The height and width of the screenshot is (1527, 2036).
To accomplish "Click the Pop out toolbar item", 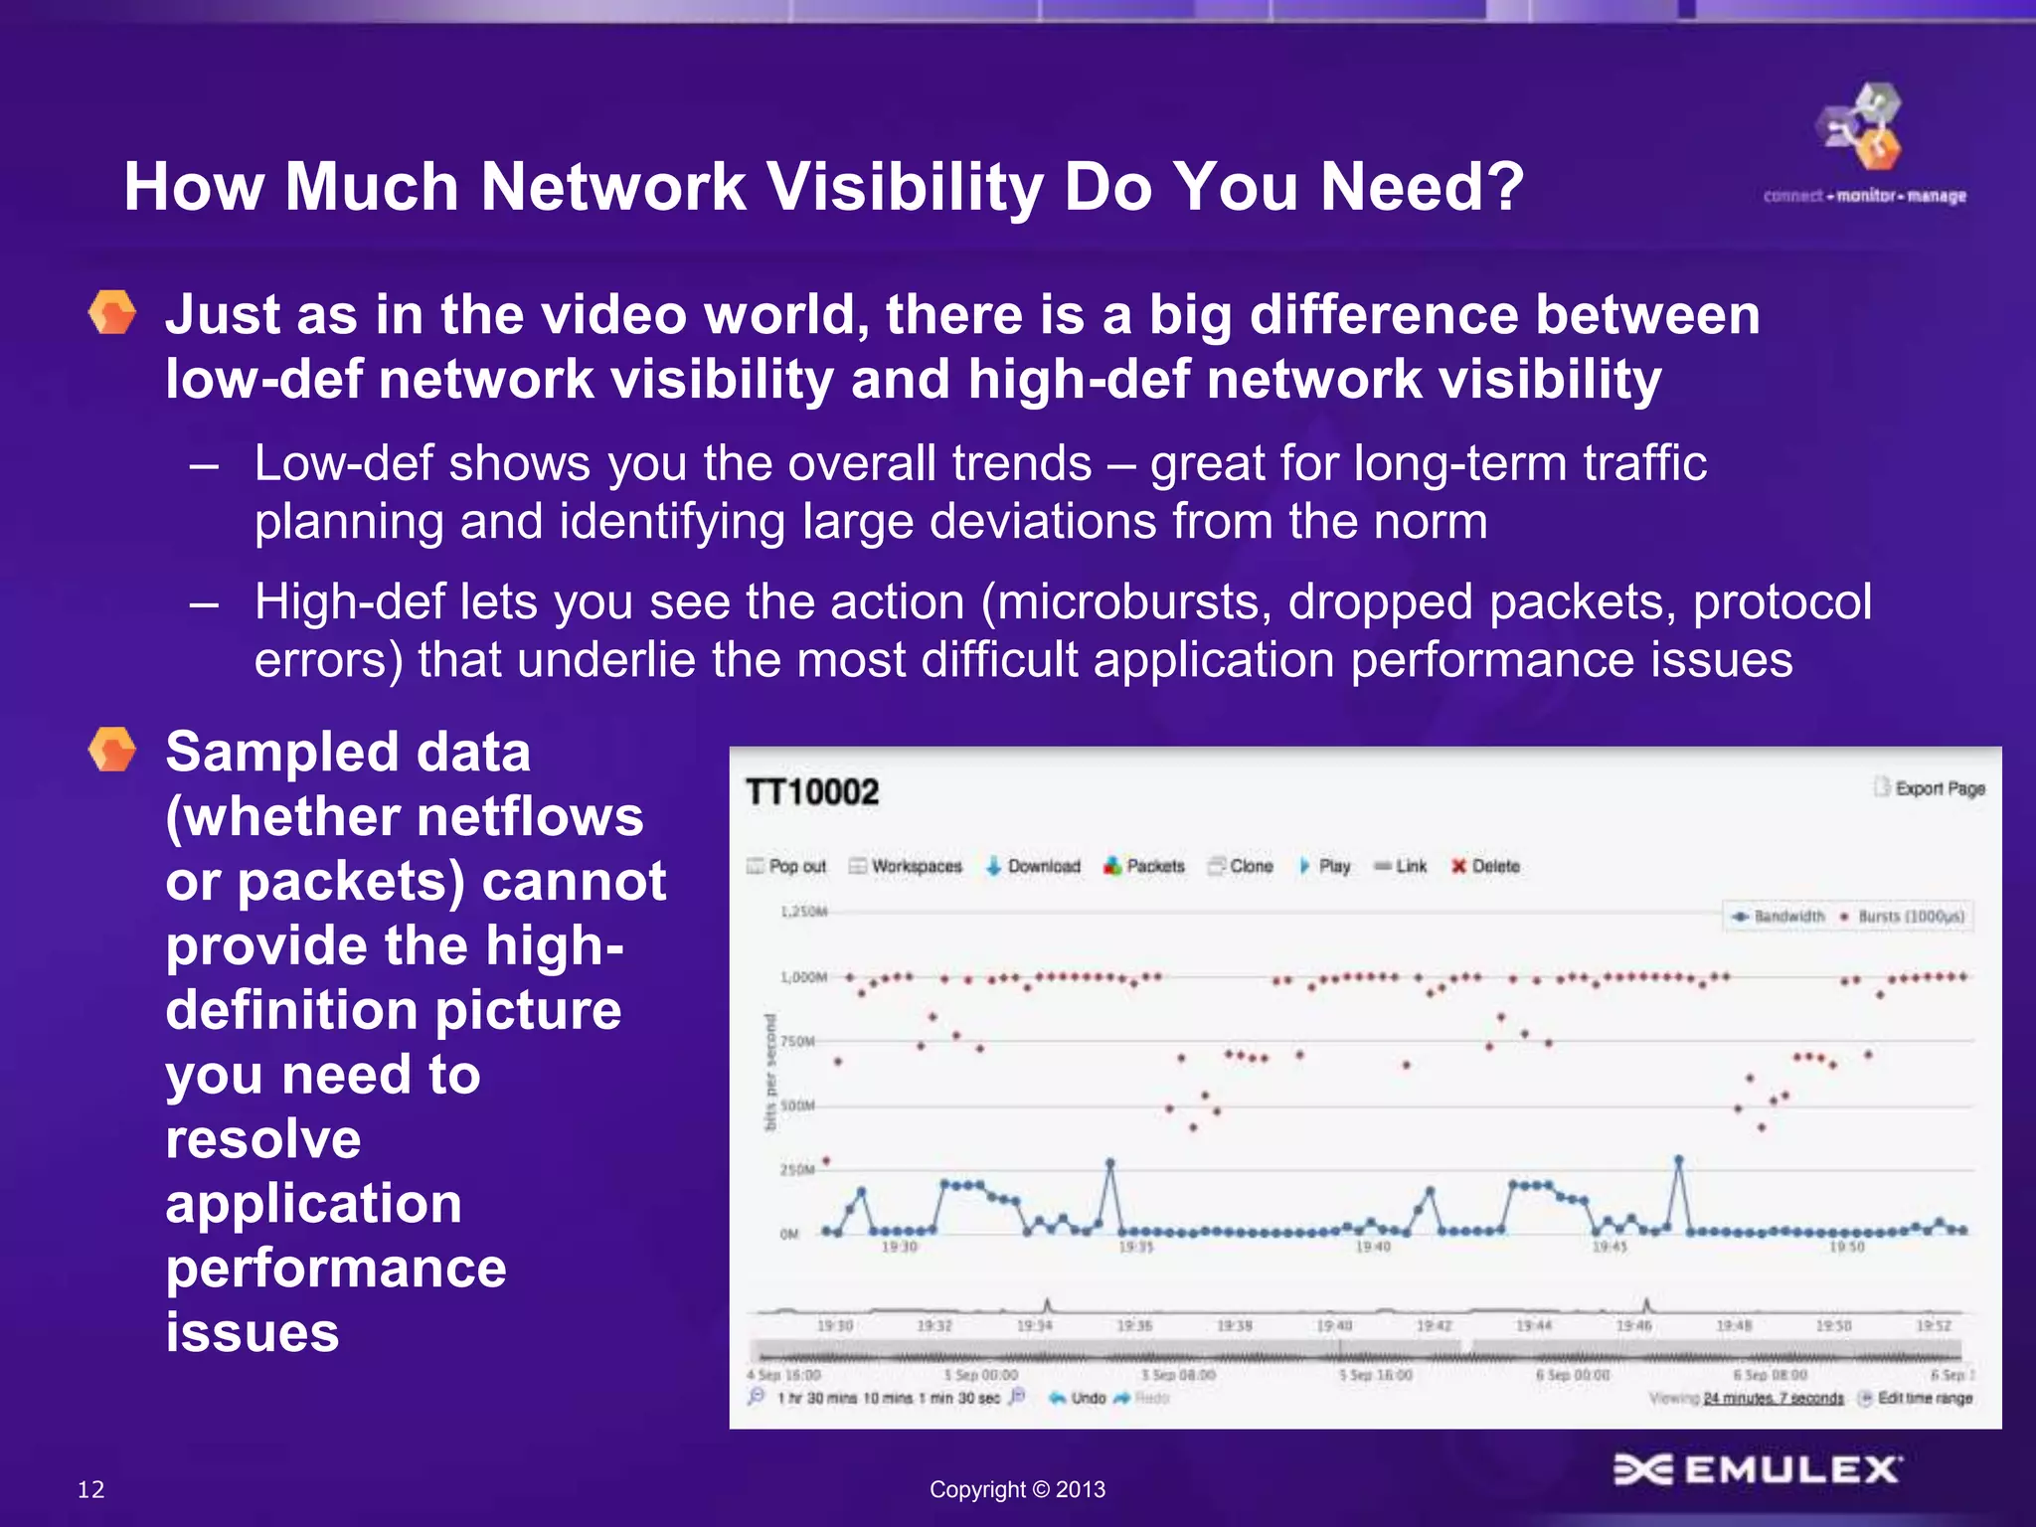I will point(786,866).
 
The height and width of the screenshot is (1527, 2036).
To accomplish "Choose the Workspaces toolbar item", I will point(906,866).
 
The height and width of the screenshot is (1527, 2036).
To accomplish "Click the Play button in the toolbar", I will point(1324,866).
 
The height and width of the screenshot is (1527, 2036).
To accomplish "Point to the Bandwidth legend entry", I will point(1779,917).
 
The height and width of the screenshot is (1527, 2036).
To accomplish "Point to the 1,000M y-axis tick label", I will point(803,977).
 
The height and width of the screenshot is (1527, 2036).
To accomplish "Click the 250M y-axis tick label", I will point(796,1170).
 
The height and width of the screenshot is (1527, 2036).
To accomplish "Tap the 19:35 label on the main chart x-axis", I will point(1135,1247).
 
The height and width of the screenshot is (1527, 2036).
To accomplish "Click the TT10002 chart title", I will point(812,792).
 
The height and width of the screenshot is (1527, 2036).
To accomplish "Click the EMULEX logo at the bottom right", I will point(1757,1469).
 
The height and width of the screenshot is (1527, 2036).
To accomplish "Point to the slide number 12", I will point(90,1489).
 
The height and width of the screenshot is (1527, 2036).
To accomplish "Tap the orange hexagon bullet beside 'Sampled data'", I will point(112,750).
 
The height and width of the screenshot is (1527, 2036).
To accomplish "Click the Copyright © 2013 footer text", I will point(1017,1489).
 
